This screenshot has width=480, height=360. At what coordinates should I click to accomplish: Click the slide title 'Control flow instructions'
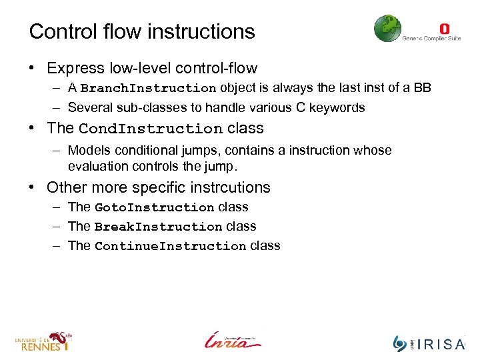[x=142, y=31]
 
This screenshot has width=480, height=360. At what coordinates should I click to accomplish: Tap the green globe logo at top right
[x=387, y=29]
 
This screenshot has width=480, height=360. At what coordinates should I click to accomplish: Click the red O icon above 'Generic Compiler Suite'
[x=445, y=29]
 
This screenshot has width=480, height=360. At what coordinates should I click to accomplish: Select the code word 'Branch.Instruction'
[x=148, y=89]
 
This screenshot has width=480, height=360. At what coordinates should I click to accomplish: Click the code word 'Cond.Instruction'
[x=151, y=129]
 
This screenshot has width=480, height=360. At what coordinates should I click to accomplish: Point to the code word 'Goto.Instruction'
[x=155, y=208]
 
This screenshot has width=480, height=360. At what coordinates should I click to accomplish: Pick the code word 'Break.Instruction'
[x=159, y=227]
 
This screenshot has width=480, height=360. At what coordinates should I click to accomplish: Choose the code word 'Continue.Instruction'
[x=171, y=247]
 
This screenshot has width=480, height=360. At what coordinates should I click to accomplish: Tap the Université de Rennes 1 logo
[x=43, y=341]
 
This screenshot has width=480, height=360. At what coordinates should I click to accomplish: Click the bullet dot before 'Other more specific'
[x=32, y=187]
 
